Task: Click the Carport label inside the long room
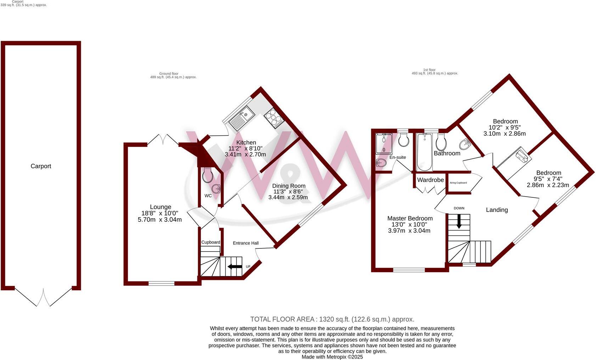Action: pyautogui.click(x=41, y=166)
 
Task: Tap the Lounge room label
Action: pyautogui.click(x=160, y=207)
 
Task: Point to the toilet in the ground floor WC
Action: pyautogui.click(x=208, y=175)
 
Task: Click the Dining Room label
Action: pyautogui.click(x=288, y=186)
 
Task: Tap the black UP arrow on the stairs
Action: pyautogui.click(x=235, y=266)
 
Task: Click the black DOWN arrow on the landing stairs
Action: pyautogui.click(x=459, y=221)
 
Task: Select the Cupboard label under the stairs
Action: pyautogui.click(x=210, y=242)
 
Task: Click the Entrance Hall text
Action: pyautogui.click(x=246, y=243)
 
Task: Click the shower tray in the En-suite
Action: pyautogui.click(x=384, y=143)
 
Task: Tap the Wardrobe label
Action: pyautogui.click(x=430, y=180)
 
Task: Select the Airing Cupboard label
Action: pyautogui.click(x=458, y=183)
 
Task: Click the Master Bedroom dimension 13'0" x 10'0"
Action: pyautogui.click(x=409, y=225)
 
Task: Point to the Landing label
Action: pyautogui.click(x=496, y=210)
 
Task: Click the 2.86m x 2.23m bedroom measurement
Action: pyautogui.click(x=548, y=185)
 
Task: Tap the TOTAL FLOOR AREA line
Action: pyautogui.click(x=332, y=319)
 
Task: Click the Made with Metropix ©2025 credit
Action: pyautogui.click(x=332, y=357)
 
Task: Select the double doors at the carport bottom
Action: pyautogui.click(x=43, y=298)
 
